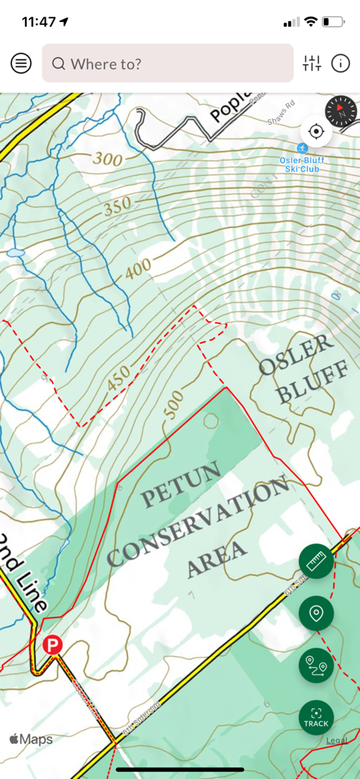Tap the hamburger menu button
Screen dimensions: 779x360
click(x=21, y=63)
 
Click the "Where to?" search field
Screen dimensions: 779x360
click(x=167, y=63)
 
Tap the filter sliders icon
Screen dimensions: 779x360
click(x=312, y=63)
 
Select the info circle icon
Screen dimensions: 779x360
click(x=340, y=63)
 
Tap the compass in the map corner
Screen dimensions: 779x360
click(x=340, y=112)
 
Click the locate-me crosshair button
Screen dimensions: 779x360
click(x=316, y=132)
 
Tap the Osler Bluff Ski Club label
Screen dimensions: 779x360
click(x=299, y=163)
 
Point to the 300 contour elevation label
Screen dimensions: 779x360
click(x=108, y=159)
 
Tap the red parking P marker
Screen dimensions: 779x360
click(x=52, y=645)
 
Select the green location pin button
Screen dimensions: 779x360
click(x=316, y=612)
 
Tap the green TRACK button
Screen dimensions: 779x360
click(x=316, y=717)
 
